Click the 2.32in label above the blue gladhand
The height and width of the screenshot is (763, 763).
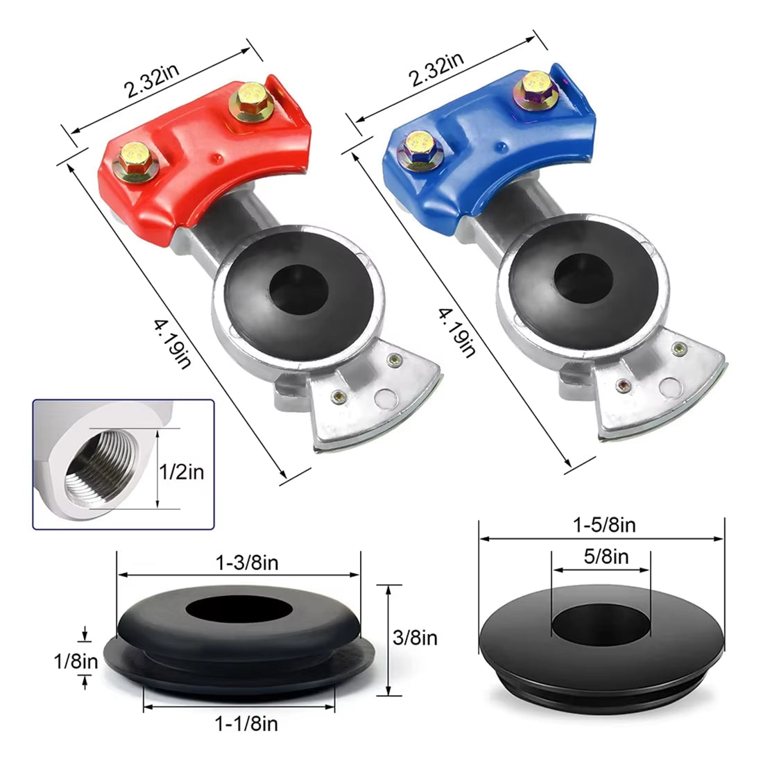coord(436,69)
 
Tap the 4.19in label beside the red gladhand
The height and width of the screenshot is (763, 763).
coord(173,344)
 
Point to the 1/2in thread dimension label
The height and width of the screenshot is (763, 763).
coord(182,472)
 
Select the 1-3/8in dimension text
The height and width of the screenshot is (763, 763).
coord(247,563)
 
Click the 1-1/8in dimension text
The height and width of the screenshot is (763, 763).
coord(246,723)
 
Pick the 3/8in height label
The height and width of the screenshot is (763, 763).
coord(415,637)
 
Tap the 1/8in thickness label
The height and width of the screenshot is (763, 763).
coord(76,662)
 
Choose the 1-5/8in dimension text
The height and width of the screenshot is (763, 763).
coord(604,526)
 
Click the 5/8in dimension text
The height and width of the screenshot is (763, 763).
coord(606,556)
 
